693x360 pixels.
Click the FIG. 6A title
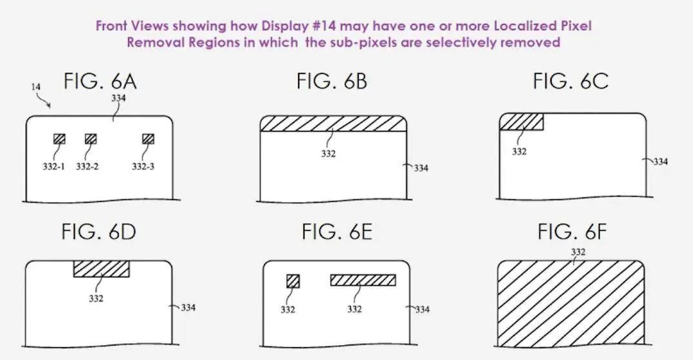[x=100, y=81]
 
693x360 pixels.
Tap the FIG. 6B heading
[x=332, y=81]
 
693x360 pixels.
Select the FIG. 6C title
[x=570, y=81]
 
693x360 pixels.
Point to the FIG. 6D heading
[x=99, y=232]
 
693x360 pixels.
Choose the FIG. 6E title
[x=337, y=232]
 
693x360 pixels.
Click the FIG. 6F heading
[x=572, y=232]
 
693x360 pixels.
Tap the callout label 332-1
[x=54, y=166]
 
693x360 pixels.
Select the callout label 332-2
[x=87, y=166]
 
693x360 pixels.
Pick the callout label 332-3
[x=143, y=166]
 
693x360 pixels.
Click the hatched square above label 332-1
[x=59, y=139]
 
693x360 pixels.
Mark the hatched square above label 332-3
[x=148, y=139]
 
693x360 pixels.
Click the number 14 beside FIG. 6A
[x=35, y=87]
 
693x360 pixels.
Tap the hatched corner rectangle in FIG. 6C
[x=521, y=122]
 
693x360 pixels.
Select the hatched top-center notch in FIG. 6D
[x=102, y=268]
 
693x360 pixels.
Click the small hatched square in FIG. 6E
[x=293, y=281]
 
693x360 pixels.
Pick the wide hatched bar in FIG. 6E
[x=363, y=280]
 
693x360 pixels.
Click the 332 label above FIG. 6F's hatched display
[x=578, y=252]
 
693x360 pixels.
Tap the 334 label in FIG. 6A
[x=119, y=98]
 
